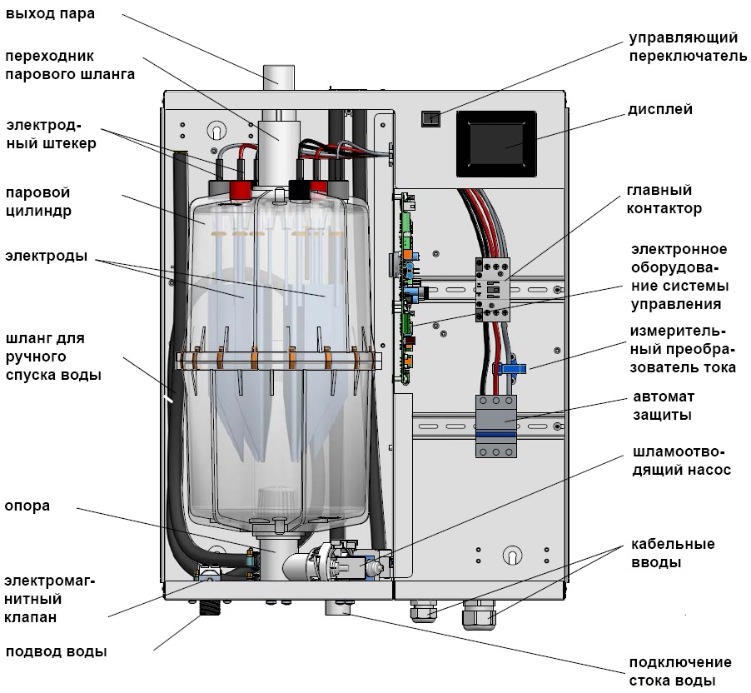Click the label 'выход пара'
pyautogui.click(x=50, y=14)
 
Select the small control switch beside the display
pyautogui.click(x=430, y=118)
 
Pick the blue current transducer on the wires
pyautogui.click(x=510, y=367)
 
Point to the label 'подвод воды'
pyautogui.click(x=57, y=651)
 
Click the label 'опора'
pyautogui.click(x=27, y=506)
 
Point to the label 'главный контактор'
pyautogui.click(x=664, y=200)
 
